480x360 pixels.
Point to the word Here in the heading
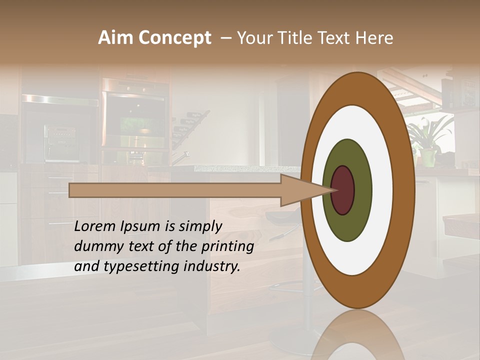tap(374, 38)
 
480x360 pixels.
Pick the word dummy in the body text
tap(97, 246)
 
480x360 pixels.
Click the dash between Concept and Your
tap(225, 38)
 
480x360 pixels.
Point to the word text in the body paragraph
tap(138, 246)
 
